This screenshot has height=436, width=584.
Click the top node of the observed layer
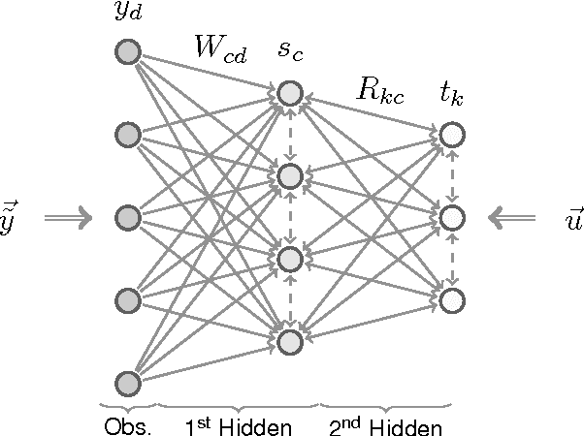coord(127,51)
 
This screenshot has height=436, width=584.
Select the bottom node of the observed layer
coord(127,383)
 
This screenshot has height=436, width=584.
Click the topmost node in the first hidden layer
coord(288,93)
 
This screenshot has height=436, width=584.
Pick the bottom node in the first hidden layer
coord(288,341)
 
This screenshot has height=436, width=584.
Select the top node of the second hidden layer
coord(450,135)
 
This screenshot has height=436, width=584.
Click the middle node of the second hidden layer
coord(450,218)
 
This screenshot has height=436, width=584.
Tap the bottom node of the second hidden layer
coord(450,300)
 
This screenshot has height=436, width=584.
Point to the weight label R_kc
coord(379,93)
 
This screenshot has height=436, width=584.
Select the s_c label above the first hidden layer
coord(290,54)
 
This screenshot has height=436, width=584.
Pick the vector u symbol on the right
coord(572,220)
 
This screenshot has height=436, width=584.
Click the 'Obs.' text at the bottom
coord(128,425)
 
